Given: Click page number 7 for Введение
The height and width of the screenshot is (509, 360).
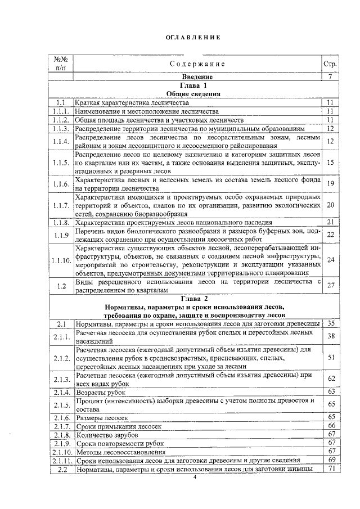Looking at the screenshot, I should pyautogui.click(x=331, y=76).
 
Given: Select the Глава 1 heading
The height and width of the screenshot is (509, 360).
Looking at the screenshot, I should pyautogui.click(x=194, y=85).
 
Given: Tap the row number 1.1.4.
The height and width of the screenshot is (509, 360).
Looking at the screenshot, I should pyautogui.click(x=61, y=142).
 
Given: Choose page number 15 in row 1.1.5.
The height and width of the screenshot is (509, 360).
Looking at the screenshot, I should pyautogui.click(x=331, y=163).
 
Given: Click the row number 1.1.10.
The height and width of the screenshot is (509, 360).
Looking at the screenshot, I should pyautogui.click(x=61, y=260).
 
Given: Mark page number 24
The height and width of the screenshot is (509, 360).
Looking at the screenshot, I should pyautogui.click(x=331, y=260).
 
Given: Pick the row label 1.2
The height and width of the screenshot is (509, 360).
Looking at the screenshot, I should pyautogui.click(x=61, y=285).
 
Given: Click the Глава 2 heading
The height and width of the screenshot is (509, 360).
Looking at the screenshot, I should pyautogui.click(x=194, y=298).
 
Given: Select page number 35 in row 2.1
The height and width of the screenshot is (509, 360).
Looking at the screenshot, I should pyautogui.click(x=331, y=323).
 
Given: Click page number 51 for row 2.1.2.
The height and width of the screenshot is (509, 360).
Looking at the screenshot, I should pyautogui.click(x=331, y=357).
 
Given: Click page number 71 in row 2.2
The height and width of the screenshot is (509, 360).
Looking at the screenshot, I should pyautogui.click(x=331, y=469).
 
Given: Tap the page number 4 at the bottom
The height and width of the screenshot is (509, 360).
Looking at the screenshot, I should pyautogui.click(x=194, y=478).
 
